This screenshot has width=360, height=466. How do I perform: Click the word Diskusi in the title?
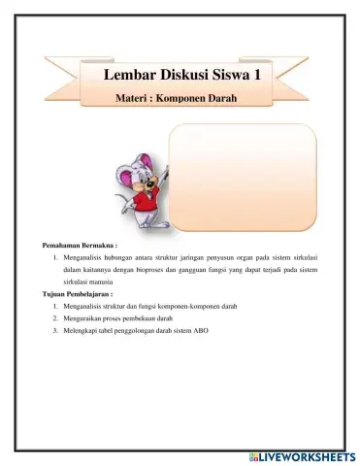[x=182, y=77]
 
